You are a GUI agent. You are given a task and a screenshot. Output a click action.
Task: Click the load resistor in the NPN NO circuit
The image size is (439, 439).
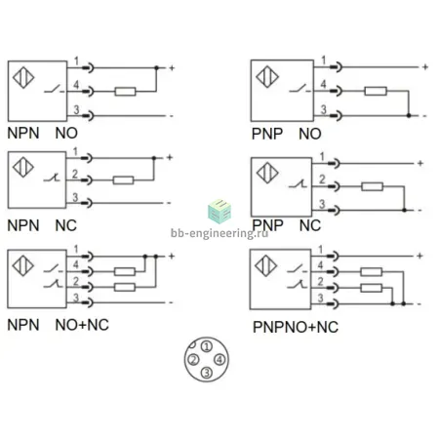click(x=125, y=92)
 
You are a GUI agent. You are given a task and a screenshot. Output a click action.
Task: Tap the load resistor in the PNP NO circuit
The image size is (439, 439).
click(x=376, y=91)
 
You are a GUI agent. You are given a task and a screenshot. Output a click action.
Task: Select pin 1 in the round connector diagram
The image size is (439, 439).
click(x=207, y=346)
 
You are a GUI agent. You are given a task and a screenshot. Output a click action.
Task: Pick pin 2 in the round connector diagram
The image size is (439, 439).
click(x=194, y=360)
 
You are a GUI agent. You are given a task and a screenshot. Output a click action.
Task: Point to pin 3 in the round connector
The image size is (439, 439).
click(x=207, y=373)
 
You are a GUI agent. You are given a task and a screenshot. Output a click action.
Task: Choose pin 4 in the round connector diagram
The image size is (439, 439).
click(x=219, y=360)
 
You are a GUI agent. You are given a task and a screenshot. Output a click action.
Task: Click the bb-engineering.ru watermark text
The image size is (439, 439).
click(x=219, y=233)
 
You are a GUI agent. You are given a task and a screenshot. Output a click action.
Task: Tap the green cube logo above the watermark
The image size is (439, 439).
click(x=219, y=212)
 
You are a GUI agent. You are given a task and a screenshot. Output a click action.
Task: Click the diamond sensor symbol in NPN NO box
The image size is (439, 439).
click(x=23, y=77)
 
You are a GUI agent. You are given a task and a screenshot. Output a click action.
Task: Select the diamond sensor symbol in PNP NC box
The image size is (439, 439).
click(x=267, y=173)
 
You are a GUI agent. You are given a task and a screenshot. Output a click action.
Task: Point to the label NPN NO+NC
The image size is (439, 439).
click(x=58, y=325)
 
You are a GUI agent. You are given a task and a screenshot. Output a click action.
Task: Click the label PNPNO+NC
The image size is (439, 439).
click(x=296, y=327)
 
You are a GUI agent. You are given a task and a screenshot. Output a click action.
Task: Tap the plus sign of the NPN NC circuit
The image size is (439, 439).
click(x=170, y=157)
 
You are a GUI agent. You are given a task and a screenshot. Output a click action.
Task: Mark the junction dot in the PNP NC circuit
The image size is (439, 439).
click(x=404, y=210)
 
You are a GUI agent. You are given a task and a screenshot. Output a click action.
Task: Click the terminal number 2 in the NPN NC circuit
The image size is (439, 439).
click(x=75, y=175)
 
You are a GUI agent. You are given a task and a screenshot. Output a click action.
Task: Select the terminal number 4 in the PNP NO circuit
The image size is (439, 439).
click(x=323, y=84)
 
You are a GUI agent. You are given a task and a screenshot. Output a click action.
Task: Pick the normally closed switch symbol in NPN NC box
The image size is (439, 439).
click(x=52, y=178)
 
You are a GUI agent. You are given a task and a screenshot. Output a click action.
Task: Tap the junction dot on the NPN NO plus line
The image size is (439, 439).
click(x=156, y=67)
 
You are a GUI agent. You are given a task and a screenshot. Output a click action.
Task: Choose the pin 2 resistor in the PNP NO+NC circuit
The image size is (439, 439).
click(x=371, y=288)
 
